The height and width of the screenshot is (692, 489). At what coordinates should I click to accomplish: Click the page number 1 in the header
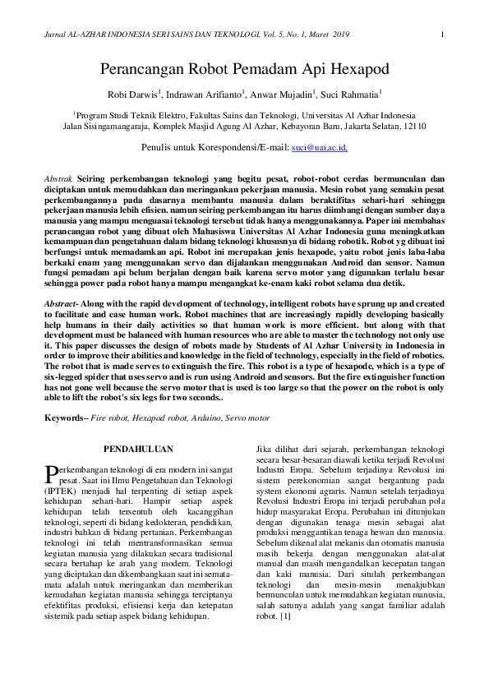pos(442,34)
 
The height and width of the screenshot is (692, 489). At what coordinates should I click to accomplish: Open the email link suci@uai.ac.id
pos(320,147)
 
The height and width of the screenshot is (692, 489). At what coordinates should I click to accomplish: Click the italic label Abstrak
pos(58,178)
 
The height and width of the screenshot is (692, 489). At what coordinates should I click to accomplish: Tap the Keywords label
pos(66,418)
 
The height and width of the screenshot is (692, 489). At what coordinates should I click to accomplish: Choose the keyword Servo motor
pos(247,418)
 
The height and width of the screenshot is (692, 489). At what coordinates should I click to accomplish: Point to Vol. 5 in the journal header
pos(266,34)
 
